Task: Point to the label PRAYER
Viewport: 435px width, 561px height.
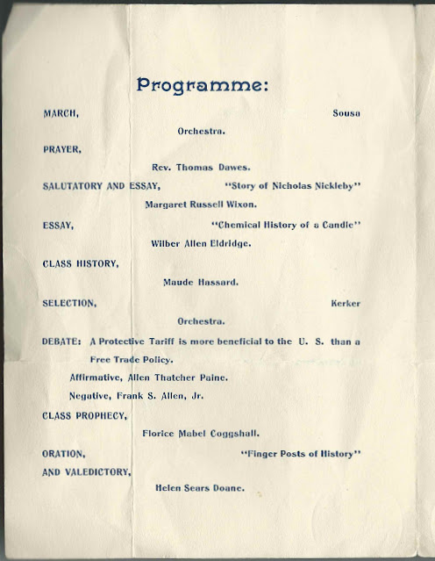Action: (62, 149)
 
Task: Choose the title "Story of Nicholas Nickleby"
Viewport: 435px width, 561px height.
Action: (294, 187)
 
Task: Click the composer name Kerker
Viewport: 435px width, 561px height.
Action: (346, 303)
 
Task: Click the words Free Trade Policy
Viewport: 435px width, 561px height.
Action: (132, 359)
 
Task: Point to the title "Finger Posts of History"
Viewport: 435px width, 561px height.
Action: (300, 453)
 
